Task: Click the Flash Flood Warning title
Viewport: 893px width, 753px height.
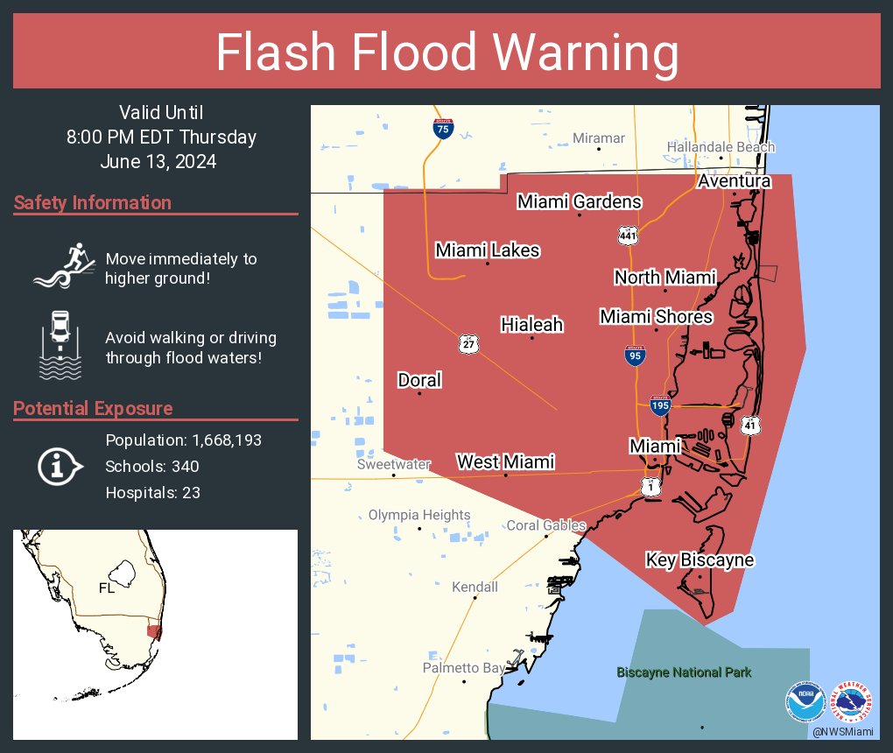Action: click(x=446, y=53)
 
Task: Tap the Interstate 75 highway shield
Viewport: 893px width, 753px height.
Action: click(x=443, y=129)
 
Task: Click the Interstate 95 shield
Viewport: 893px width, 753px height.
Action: click(x=636, y=355)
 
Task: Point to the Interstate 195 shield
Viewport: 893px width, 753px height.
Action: click(x=661, y=405)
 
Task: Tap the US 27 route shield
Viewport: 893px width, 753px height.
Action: click(x=468, y=344)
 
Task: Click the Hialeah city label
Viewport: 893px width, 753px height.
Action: click(x=531, y=325)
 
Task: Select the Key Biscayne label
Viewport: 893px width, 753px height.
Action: click(x=700, y=559)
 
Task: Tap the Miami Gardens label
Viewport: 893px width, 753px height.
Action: click(x=579, y=201)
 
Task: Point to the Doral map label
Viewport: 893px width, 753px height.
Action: click(x=419, y=380)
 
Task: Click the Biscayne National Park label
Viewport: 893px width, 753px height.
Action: click(x=684, y=672)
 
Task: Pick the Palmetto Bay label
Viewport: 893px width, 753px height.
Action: click(x=464, y=668)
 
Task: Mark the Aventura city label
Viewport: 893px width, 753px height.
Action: click(x=734, y=181)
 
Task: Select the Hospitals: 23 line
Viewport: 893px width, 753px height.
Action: click(x=152, y=492)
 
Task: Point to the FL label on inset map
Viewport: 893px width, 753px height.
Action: click(x=106, y=588)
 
